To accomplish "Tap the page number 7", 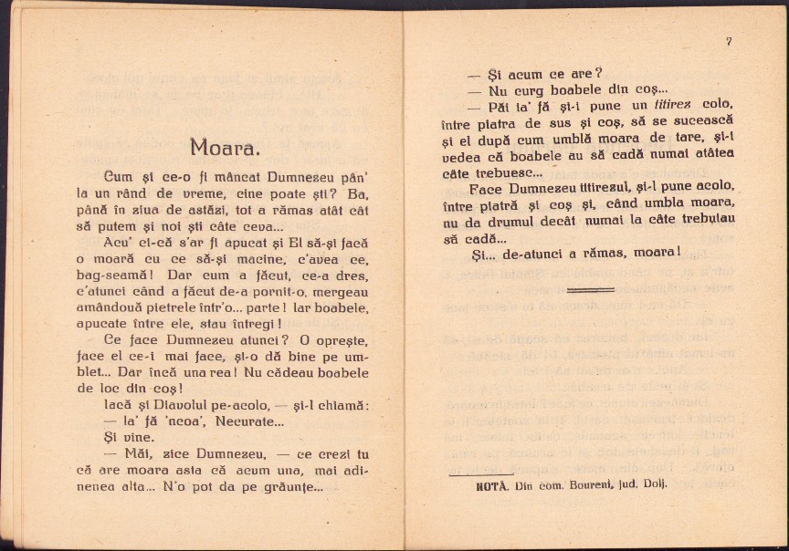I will click(728, 41).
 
